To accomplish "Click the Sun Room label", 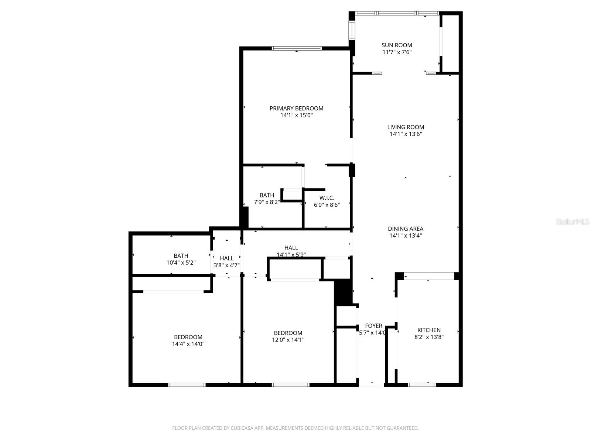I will [397, 45].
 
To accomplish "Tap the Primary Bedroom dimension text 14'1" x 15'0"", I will [297, 115].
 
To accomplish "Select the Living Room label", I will [406, 127].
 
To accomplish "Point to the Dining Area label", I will [406, 229].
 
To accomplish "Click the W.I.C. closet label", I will [327, 198].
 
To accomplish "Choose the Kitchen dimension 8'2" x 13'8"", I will [429, 337].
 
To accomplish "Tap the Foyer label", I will [373, 326].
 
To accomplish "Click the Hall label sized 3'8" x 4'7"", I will [227, 258].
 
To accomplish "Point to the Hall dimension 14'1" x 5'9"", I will [291, 254].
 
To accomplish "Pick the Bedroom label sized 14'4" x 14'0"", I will [188, 337].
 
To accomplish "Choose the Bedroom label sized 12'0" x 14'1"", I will [288, 333].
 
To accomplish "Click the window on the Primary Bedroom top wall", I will [297, 48].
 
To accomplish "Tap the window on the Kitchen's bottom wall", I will [421, 385].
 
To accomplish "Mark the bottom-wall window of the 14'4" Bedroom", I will [187, 385].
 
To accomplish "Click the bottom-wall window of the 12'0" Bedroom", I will [290, 385].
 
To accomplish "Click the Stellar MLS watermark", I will [573, 222].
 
